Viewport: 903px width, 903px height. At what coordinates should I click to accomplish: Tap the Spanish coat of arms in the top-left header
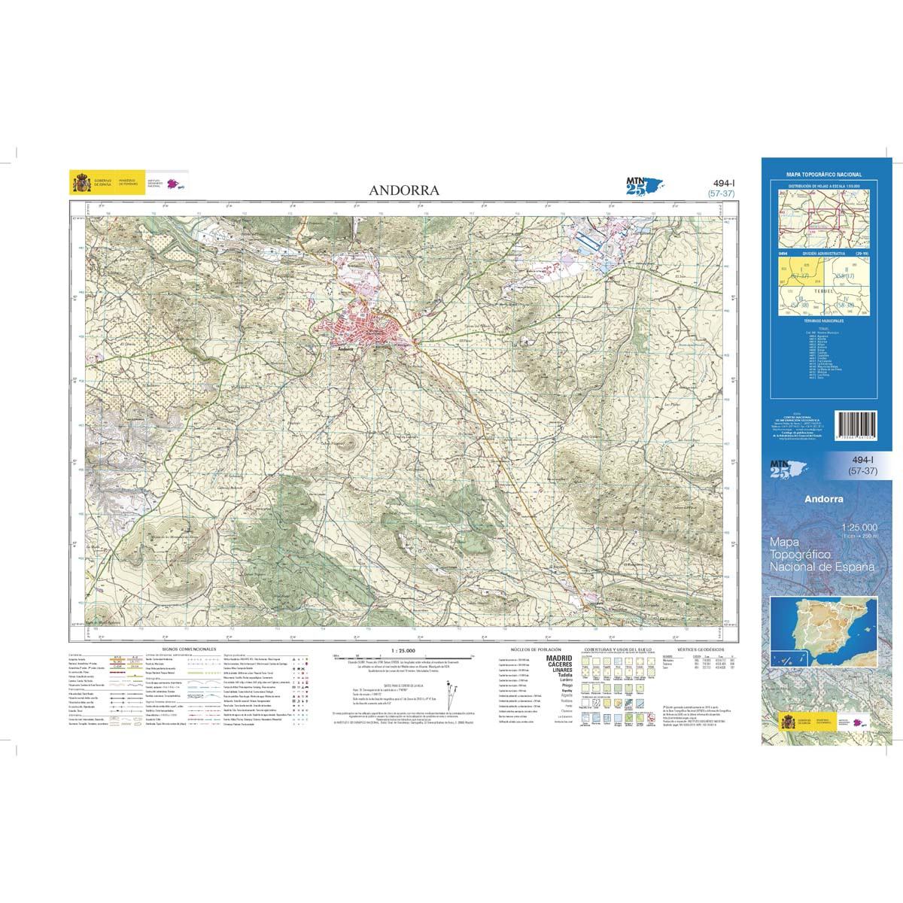point(79,183)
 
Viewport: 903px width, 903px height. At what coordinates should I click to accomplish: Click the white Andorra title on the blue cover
point(823,498)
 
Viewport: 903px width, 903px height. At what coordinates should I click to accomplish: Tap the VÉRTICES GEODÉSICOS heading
point(700,648)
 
